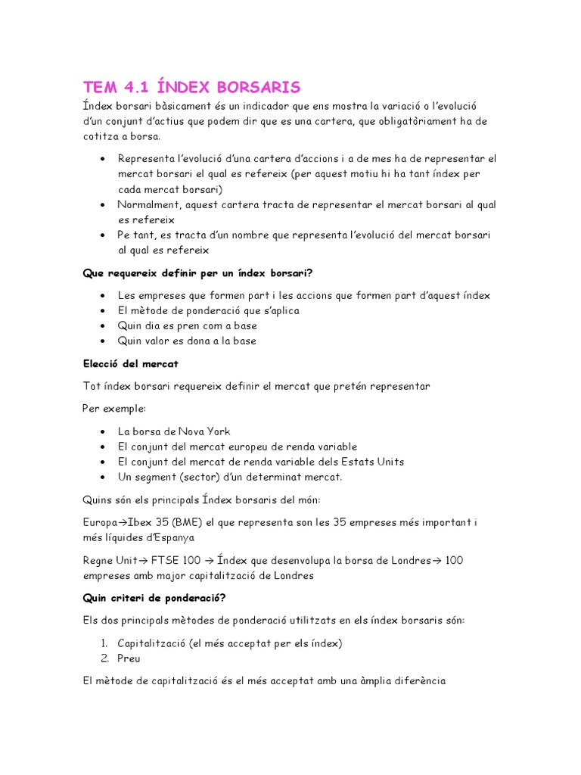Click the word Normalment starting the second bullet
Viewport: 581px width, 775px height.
pyautogui.click(x=148, y=204)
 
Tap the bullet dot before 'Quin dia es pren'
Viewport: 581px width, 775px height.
pyautogui.click(x=102, y=326)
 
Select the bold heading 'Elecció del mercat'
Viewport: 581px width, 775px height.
pyautogui.click(x=130, y=363)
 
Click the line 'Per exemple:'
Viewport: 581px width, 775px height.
pyautogui.click(x=114, y=409)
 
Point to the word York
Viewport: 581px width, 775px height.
pyautogui.click(x=216, y=431)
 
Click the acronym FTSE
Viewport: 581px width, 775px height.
pyautogui.click(x=166, y=560)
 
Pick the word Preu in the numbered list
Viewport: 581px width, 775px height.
pyautogui.click(x=129, y=658)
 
